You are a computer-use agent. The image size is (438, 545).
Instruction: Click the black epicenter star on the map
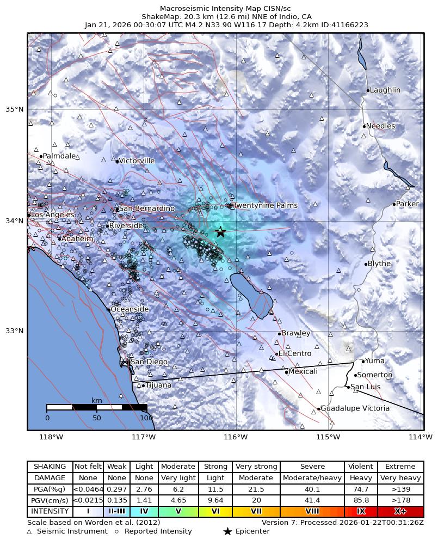tap(220, 232)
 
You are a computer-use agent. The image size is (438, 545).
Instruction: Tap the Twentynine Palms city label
tap(265, 206)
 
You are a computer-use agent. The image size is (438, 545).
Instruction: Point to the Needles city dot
tap(364, 126)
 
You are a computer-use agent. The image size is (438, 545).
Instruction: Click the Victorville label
tap(137, 161)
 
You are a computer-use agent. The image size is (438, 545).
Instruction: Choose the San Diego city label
tap(149, 362)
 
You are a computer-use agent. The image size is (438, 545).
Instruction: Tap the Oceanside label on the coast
tap(129, 309)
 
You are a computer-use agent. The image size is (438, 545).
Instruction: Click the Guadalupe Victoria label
tap(355, 408)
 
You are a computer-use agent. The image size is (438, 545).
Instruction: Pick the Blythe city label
tap(379, 264)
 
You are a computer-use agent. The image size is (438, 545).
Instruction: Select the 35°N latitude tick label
tap(14, 109)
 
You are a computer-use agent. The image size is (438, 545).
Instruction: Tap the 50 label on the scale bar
tap(97, 418)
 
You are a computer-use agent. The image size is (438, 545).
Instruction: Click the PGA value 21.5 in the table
tap(256, 489)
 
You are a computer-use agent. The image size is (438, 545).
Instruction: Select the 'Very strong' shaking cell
tap(256, 467)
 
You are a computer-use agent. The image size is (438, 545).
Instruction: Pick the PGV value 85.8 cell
tap(361, 500)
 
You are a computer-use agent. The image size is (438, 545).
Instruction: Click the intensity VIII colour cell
tap(312, 512)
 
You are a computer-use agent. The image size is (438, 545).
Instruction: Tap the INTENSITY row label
tap(50, 512)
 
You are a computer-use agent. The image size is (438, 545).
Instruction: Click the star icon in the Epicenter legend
tap(227, 531)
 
